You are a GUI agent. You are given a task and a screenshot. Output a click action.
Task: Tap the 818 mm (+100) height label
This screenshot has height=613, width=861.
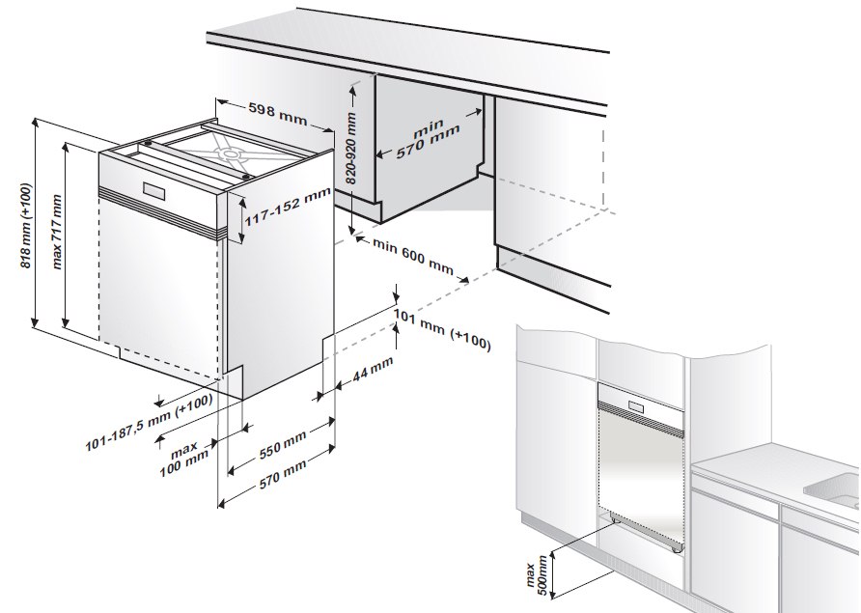[x=26, y=225]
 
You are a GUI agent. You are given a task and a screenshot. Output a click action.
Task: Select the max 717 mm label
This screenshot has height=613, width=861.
[x=57, y=233]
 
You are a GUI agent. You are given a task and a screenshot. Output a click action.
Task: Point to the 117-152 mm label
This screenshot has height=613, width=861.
[x=288, y=207]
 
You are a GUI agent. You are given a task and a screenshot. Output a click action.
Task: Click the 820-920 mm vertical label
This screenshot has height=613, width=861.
[x=352, y=149]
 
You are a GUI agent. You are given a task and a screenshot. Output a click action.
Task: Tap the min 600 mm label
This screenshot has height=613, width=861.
[x=413, y=256]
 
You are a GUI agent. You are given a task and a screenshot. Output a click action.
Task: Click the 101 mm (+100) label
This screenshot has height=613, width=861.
[x=441, y=328]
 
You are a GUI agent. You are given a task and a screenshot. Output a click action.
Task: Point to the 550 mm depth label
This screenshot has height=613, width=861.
[x=282, y=444]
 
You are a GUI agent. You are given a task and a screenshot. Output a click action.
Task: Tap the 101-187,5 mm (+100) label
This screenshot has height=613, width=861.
[x=149, y=423]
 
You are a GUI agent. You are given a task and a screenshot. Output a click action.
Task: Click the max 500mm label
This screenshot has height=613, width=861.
[x=536, y=571]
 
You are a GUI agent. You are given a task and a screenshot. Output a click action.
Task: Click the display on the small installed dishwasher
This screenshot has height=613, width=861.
[x=638, y=405]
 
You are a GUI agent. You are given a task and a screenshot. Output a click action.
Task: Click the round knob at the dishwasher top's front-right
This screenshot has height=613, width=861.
[x=245, y=177]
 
